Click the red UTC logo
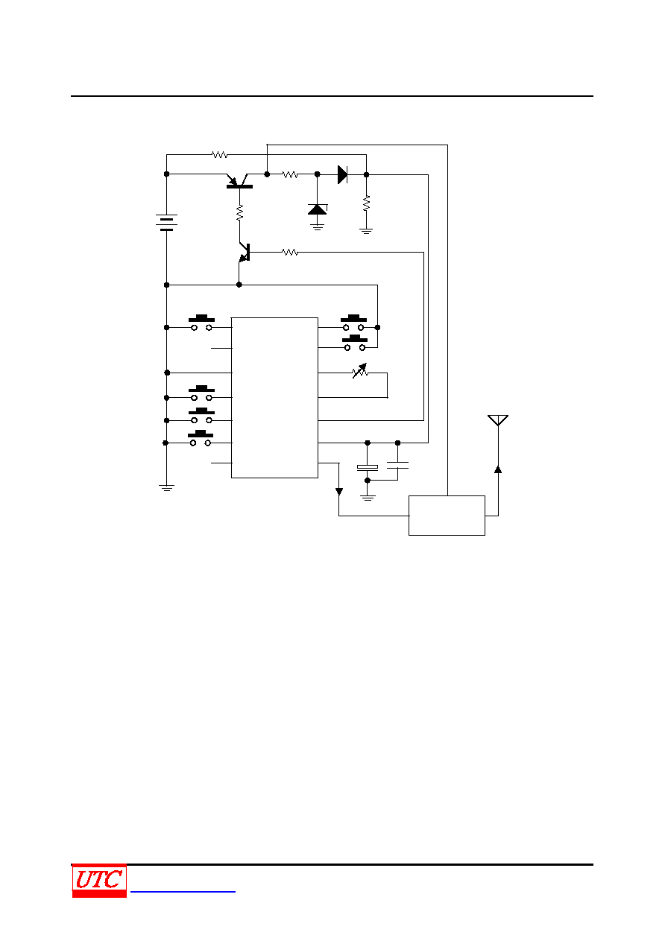[99, 881]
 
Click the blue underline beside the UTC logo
[183, 891]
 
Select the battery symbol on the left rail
[166, 222]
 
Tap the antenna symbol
[498, 420]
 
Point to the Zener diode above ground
[318, 209]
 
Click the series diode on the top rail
[343, 174]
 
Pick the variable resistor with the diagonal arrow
[360, 371]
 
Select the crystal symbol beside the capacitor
[368, 467]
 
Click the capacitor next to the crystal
[397, 465]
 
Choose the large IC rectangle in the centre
[274, 398]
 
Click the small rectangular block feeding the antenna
[447, 516]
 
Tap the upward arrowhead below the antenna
[498, 469]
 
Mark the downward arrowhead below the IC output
[339, 492]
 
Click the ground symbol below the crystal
[368, 498]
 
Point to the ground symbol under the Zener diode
[318, 227]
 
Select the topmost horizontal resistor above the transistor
[219, 154]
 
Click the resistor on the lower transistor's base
[290, 252]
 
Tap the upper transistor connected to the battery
[239, 181]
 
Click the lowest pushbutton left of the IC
[201, 438]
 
